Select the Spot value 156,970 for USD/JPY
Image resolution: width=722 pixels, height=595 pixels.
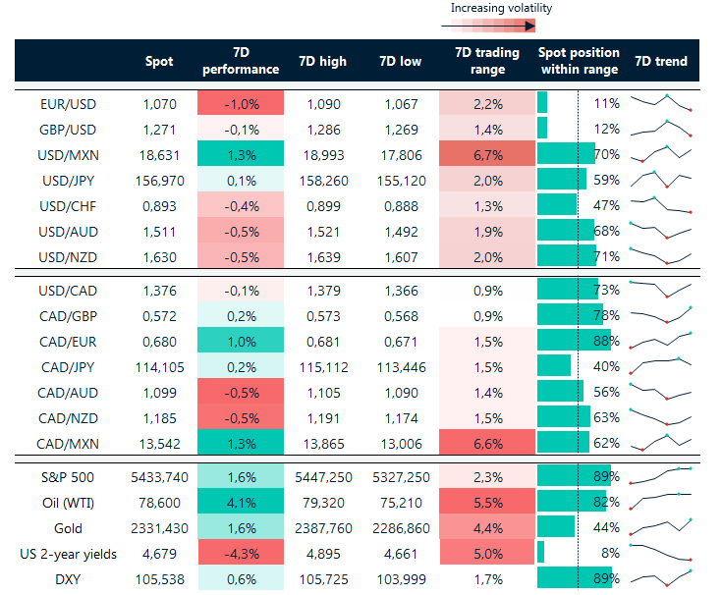tap(159, 180)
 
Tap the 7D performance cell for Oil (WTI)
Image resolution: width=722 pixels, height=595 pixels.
tap(241, 503)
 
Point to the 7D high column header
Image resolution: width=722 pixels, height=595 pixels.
tap(321, 61)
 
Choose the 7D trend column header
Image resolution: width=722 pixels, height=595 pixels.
tap(661, 61)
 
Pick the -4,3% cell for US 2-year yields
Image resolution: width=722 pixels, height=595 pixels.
tap(241, 554)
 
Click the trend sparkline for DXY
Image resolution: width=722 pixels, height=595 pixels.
tap(661, 578)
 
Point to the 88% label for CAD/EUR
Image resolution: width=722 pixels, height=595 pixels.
tap(606, 341)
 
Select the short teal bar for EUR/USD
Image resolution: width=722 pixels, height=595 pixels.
tap(542, 103)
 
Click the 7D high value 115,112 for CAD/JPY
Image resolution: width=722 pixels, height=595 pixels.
tap(321, 366)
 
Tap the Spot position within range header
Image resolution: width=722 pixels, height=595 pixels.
tap(579, 61)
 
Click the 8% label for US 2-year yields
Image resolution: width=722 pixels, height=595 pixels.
tap(609, 554)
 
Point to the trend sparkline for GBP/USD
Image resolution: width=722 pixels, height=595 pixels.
tap(661, 129)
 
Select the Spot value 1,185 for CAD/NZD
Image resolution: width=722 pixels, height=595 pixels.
tap(159, 417)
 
